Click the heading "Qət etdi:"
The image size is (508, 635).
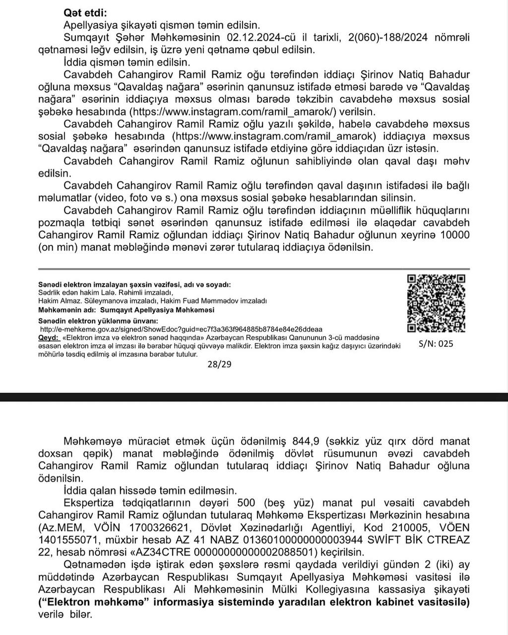(x=85, y=13)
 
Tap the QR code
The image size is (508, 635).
(x=437, y=303)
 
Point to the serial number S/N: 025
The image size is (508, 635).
(x=436, y=344)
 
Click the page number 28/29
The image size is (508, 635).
(x=220, y=364)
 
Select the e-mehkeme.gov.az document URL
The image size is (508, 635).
(x=181, y=329)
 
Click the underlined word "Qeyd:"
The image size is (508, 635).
(x=49, y=337)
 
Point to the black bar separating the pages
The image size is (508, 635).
(x=254, y=397)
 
